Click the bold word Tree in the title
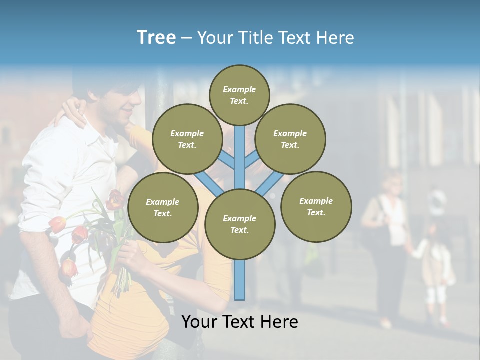point(156,37)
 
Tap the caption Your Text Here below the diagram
point(239,322)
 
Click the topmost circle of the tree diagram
point(239,95)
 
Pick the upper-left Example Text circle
point(187,139)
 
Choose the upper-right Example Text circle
point(290,139)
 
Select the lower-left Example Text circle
point(162,207)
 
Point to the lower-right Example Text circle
point(316,206)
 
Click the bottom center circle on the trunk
point(239,224)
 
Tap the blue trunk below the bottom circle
point(240,280)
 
